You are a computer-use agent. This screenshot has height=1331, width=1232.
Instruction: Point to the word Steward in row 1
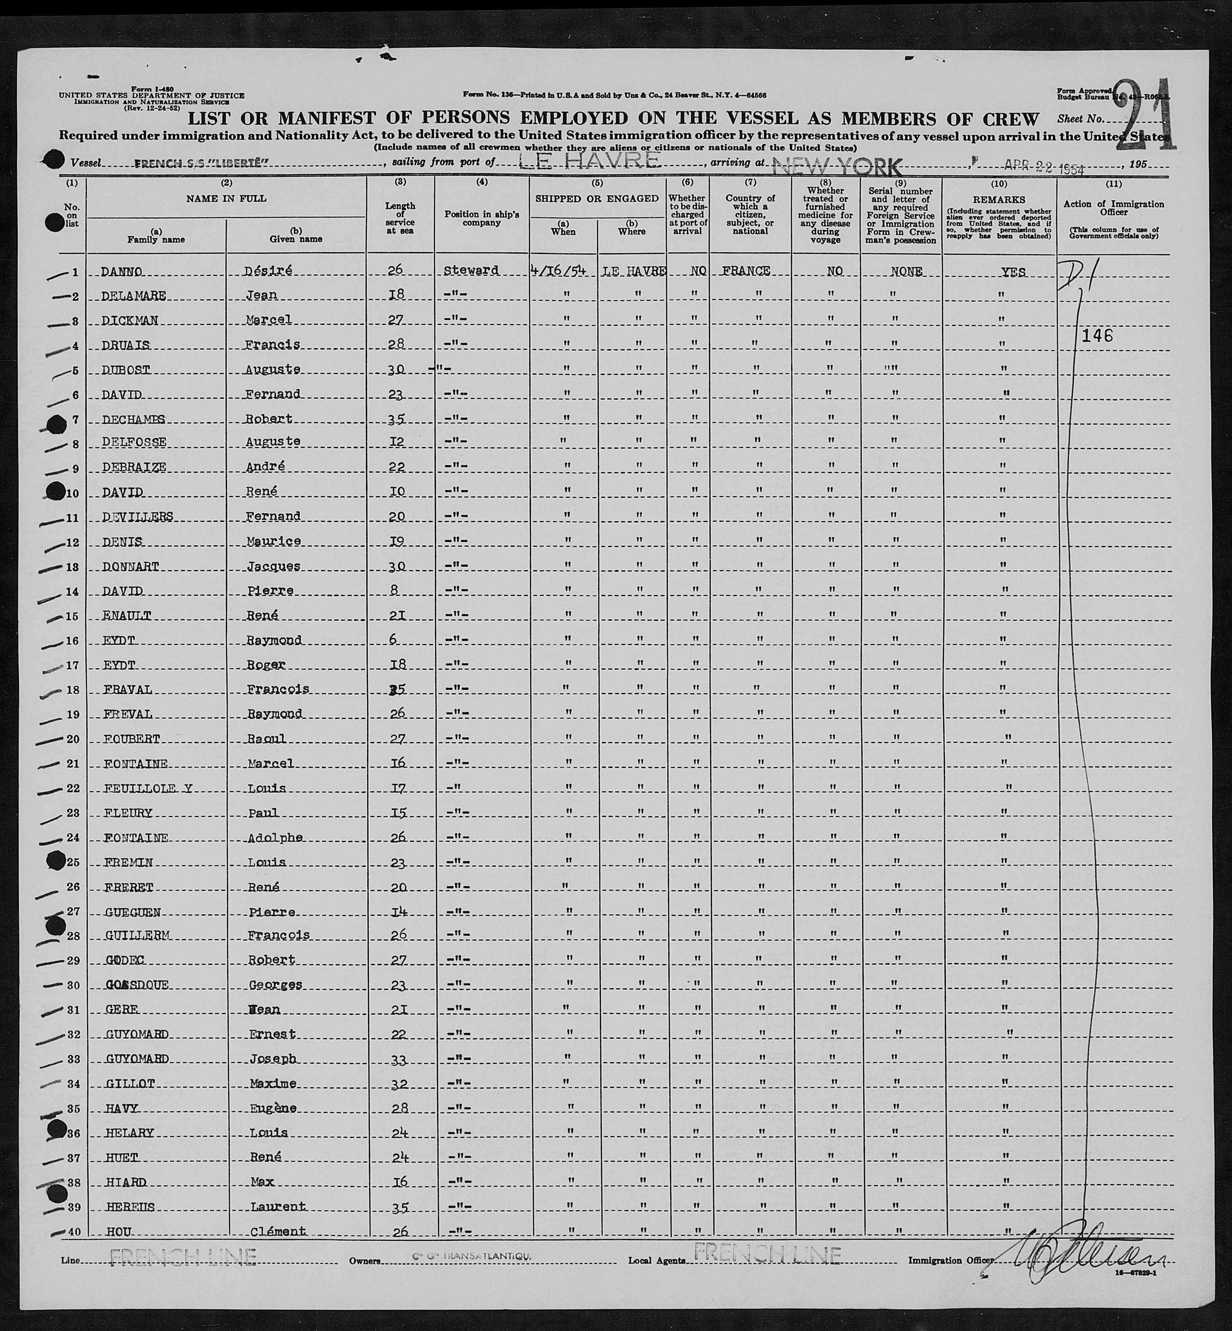tap(471, 271)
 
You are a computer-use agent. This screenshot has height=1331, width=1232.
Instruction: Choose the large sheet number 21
tap(1143, 115)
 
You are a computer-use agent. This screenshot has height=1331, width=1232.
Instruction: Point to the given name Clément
tap(278, 1231)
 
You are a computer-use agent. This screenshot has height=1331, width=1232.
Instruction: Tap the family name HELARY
tap(130, 1132)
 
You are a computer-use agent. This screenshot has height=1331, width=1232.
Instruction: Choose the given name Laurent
tap(278, 1206)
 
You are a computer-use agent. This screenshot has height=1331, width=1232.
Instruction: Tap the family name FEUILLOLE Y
tap(148, 789)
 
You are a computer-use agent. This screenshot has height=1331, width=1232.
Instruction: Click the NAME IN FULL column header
tap(226, 198)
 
